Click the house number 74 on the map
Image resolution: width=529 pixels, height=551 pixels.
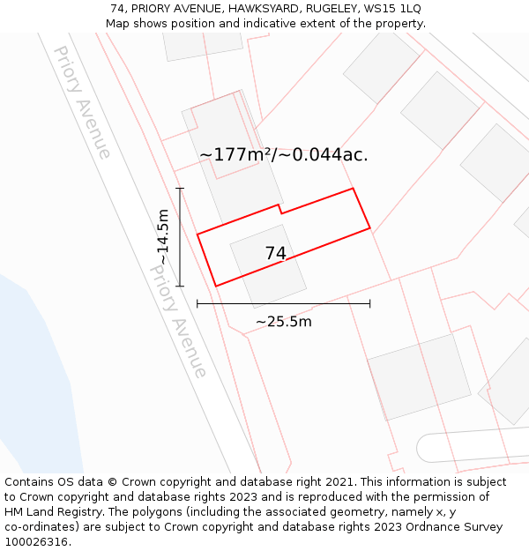[x=275, y=254]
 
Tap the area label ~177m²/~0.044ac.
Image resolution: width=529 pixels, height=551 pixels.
[x=283, y=155]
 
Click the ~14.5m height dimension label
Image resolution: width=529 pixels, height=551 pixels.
[x=163, y=236]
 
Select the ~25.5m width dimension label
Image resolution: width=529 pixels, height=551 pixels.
[x=283, y=322]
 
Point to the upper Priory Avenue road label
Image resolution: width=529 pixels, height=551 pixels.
[x=82, y=102]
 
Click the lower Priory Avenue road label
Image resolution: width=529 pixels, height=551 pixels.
[x=178, y=322]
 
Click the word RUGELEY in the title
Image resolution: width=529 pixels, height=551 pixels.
[x=327, y=8]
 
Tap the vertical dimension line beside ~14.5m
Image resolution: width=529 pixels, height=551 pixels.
[x=180, y=236]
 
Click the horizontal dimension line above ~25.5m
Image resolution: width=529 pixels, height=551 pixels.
[x=283, y=303]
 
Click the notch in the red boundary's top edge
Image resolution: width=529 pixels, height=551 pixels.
[x=279, y=209]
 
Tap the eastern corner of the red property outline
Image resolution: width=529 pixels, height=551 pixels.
[x=369, y=228]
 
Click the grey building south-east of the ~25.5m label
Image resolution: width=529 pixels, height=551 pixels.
[x=419, y=375]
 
